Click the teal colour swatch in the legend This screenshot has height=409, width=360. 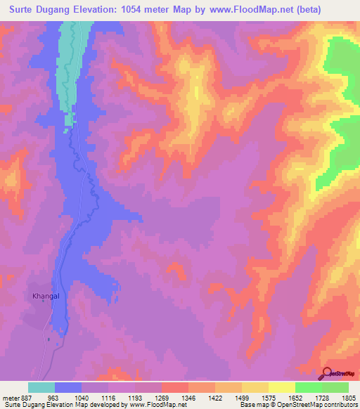(x=41, y=387)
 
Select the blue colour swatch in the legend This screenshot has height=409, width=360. (x=68, y=387)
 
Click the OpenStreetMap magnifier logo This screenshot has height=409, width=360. (x=327, y=372)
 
